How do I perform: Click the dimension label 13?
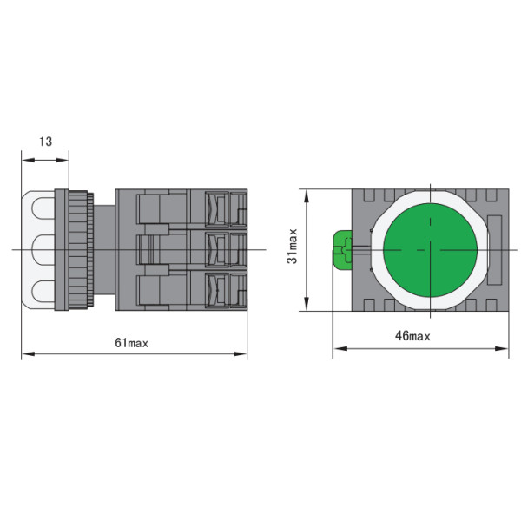click(x=46, y=142)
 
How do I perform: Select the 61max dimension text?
click(x=132, y=343)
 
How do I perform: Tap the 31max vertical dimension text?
click(x=292, y=247)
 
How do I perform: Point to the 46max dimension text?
click(x=412, y=336)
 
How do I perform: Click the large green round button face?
click(x=431, y=250)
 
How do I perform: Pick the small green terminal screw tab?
click(x=342, y=250)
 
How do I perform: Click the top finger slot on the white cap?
click(x=43, y=208)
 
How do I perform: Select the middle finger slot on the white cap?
click(x=43, y=250)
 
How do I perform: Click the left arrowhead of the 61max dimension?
click(x=28, y=354)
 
